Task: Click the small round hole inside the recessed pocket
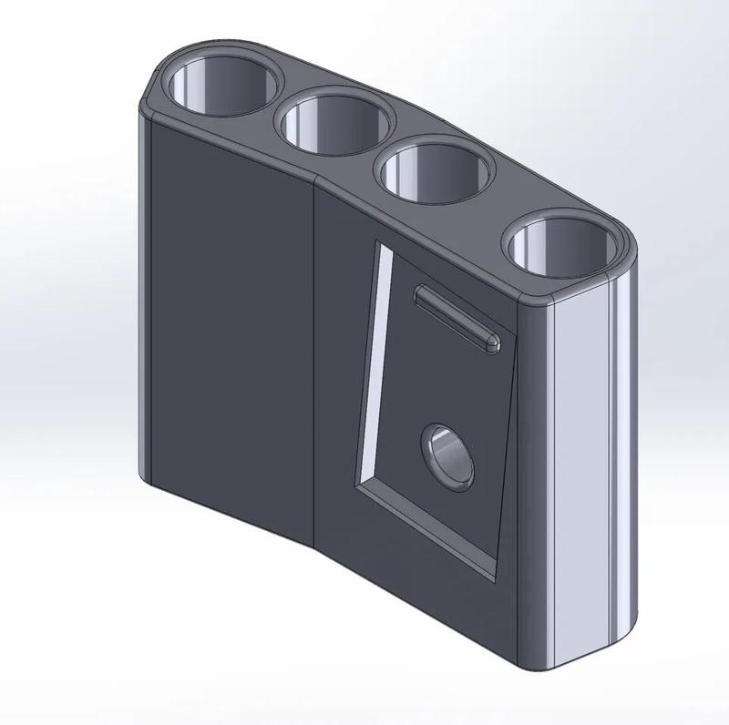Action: pos(447,454)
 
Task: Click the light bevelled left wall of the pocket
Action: pos(376,364)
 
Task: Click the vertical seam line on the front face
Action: pos(315,364)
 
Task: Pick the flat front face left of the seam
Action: pos(228,319)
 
